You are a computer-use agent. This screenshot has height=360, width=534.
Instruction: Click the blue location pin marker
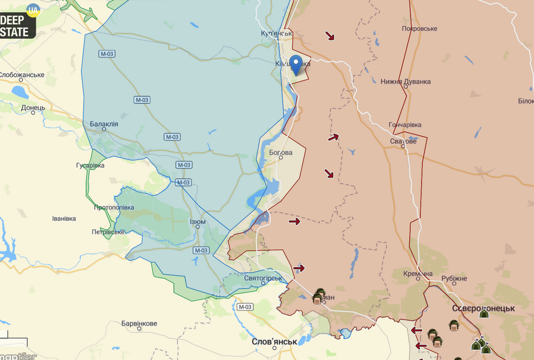(296, 64)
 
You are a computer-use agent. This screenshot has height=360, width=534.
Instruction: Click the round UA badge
(33, 10)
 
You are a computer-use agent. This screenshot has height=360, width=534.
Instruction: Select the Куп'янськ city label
(276, 33)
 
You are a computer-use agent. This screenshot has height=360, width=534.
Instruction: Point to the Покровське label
(419, 28)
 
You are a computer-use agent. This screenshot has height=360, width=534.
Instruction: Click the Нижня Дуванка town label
(406, 81)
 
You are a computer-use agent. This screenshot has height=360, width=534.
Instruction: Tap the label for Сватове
(403, 141)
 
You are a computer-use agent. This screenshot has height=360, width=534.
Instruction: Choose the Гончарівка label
(405, 125)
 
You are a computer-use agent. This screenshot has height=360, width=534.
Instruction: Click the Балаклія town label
(104, 124)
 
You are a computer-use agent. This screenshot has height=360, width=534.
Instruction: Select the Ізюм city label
(197, 222)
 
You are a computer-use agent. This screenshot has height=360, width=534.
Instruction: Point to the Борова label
(281, 153)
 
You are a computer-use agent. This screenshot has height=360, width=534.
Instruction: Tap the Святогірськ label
(263, 278)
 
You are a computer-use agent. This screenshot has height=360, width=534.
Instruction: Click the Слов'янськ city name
(274, 342)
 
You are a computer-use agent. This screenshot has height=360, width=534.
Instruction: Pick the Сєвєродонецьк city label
(483, 308)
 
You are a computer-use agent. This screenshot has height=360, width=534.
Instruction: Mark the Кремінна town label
(418, 274)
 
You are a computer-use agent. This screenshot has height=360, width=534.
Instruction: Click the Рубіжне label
(454, 279)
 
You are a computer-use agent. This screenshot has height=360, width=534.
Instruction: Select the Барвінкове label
(139, 323)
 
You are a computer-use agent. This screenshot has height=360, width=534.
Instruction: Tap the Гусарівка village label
(90, 165)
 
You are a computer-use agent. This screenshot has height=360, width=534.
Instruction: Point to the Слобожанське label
(22, 75)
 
